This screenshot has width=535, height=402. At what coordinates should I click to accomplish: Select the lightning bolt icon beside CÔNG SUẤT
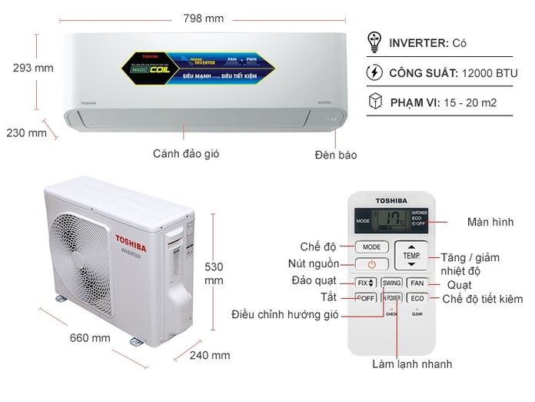point(374,73)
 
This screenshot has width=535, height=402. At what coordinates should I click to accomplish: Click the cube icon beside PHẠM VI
point(374,102)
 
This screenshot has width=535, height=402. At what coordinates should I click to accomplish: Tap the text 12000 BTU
point(490,74)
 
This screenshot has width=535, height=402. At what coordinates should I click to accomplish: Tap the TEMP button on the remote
point(411,254)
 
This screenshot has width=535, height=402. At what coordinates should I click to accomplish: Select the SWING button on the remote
point(391,283)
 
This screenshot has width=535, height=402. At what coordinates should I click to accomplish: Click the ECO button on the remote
point(417,298)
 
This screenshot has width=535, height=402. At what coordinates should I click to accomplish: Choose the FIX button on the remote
point(366,283)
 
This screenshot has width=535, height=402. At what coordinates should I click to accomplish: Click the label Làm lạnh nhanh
point(412,364)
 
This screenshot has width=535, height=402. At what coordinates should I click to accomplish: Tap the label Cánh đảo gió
point(186,153)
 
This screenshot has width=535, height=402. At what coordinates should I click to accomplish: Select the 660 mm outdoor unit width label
point(90,337)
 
